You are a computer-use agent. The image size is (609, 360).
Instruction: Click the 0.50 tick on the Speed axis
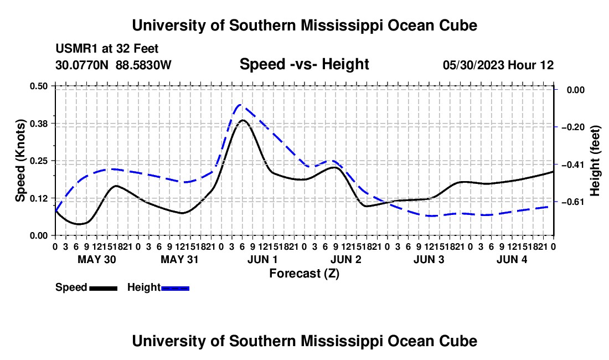click(38, 86)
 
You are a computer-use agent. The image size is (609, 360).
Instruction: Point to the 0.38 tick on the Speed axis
click(38, 124)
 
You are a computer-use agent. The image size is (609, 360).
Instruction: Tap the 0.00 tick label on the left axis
click(38, 235)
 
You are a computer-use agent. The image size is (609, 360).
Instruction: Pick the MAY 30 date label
click(97, 259)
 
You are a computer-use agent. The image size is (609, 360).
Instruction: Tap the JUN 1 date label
click(262, 259)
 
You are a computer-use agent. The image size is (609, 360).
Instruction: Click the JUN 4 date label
click(512, 259)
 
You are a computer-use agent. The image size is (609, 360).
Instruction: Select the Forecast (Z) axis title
click(304, 274)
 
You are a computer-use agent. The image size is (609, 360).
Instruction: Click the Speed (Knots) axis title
click(20, 161)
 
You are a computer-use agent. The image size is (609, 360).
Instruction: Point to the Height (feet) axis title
click(595, 161)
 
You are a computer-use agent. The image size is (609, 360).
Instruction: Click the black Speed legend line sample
click(104, 288)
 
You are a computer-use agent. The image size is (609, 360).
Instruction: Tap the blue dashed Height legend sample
click(175, 288)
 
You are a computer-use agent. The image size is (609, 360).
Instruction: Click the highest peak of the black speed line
click(242, 120)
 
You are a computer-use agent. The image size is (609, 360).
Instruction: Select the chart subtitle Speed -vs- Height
click(304, 64)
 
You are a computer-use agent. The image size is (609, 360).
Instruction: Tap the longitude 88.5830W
click(143, 65)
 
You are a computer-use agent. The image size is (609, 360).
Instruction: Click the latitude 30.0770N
click(82, 65)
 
